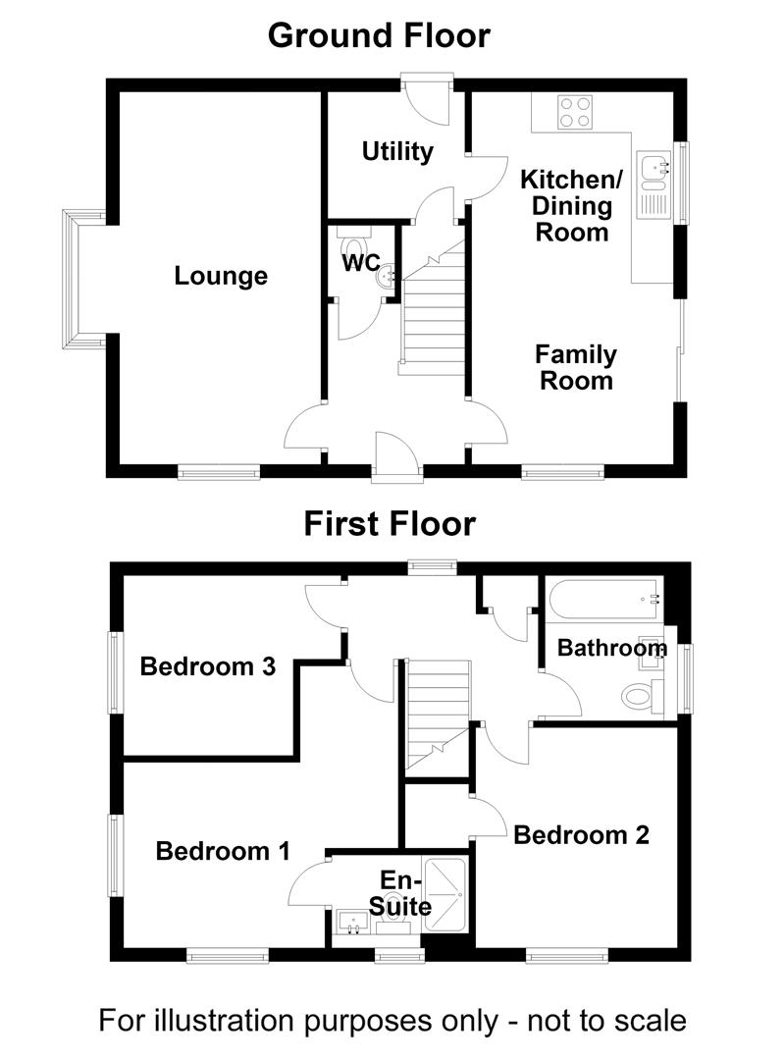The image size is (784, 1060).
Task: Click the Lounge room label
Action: tap(221, 276)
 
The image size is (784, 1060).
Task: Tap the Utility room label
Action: tap(397, 151)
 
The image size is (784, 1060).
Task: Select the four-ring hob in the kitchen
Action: tap(575, 112)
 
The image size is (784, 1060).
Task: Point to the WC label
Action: tap(361, 262)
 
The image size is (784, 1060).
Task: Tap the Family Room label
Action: tap(576, 367)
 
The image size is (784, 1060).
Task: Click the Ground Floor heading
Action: tap(379, 35)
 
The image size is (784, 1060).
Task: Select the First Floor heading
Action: tap(390, 524)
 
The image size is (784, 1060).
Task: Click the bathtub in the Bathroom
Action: tap(603, 599)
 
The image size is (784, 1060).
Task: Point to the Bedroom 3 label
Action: tap(207, 666)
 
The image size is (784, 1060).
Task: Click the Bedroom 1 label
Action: tap(223, 850)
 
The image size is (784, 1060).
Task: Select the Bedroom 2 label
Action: tap(581, 835)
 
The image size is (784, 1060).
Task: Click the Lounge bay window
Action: tap(71, 279)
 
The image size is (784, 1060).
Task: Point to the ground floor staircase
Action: tap(434, 307)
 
